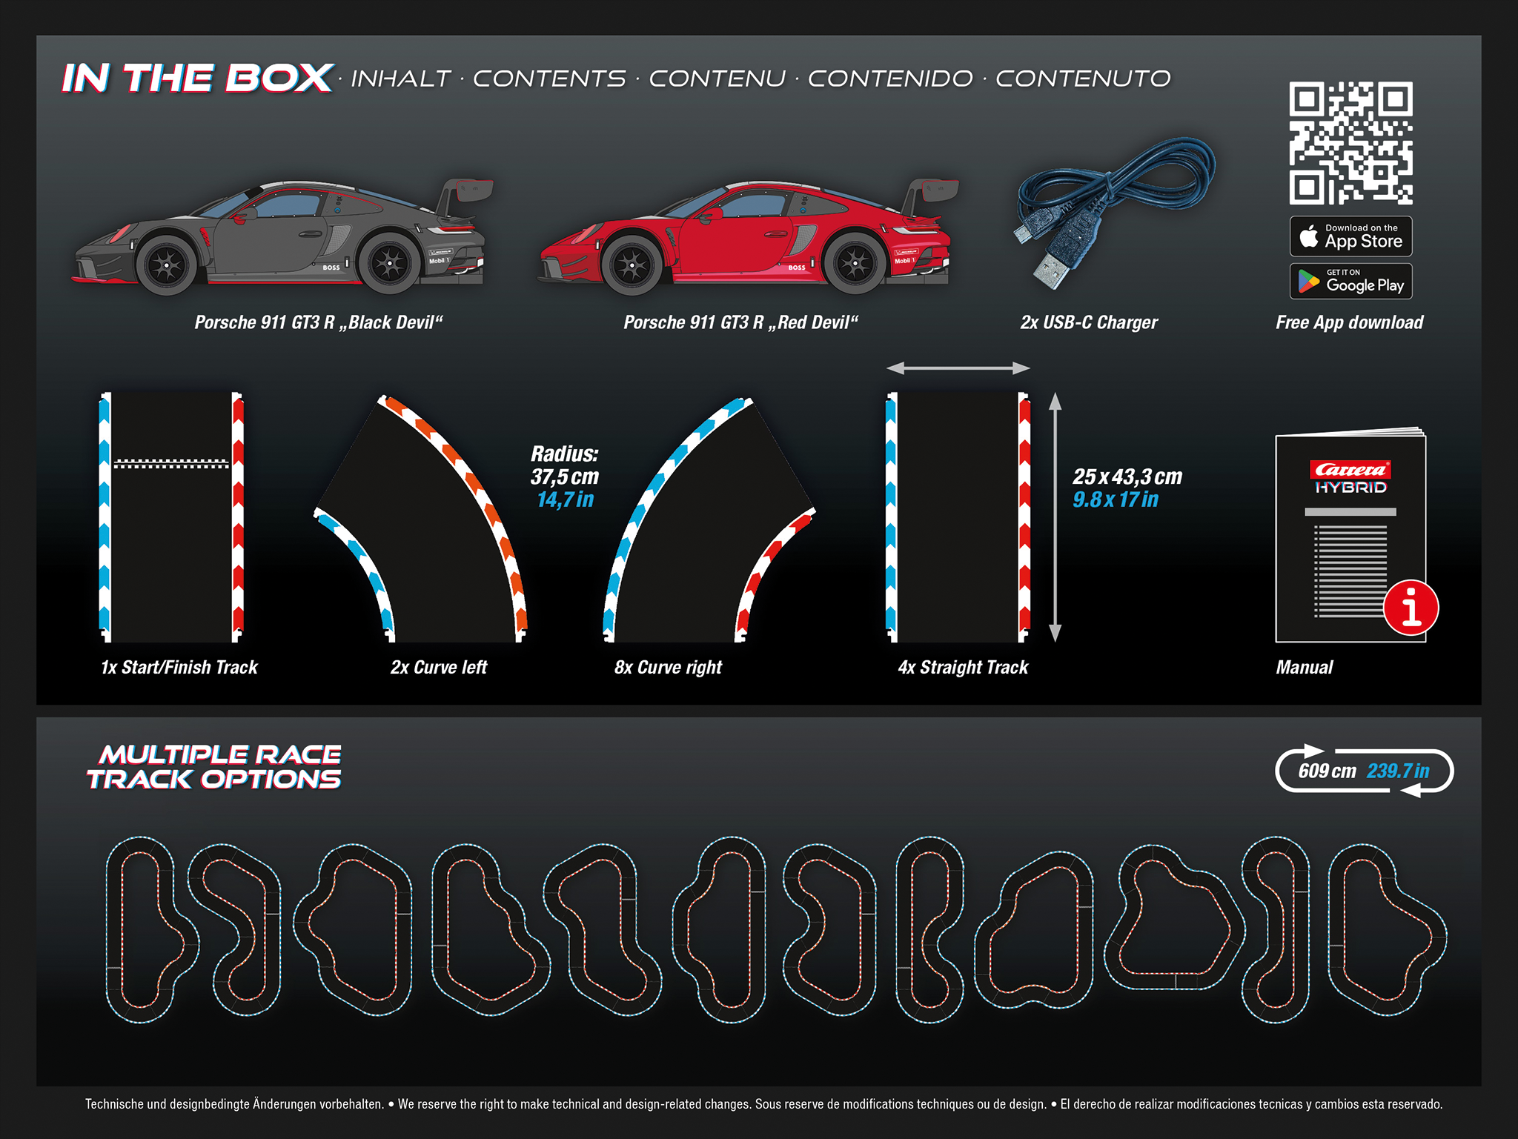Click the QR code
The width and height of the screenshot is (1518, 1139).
click(x=1350, y=143)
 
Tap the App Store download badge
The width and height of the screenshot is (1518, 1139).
click(x=1350, y=236)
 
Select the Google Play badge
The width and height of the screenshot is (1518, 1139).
click(x=1350, y=282)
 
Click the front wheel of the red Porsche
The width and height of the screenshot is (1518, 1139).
click(x=632, y=265)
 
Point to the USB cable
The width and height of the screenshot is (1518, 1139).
click(x=1112, y=200)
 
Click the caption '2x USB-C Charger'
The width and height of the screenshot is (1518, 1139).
click(x=1088, y=322)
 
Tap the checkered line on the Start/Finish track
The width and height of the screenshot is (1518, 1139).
click(x=171, y=464)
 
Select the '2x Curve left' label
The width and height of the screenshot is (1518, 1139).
click(x=439, y=668)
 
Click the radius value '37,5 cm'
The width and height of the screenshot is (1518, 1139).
click(x=565, y=476)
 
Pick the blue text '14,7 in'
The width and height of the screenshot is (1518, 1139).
click(x=566, y=500)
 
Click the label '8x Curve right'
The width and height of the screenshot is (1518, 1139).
click(x=668, y=668)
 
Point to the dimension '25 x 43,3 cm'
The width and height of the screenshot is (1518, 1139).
click(x=1127, y=476)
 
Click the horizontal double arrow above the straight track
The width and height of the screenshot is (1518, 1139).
click(x=958, y=368)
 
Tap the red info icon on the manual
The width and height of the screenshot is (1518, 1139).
click(x=1411, y=608)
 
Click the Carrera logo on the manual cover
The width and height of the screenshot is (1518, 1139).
click(x=1350, y=470)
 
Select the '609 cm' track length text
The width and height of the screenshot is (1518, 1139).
click(x=1327, y=771)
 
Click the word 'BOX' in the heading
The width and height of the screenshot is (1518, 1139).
click(x=279, y=78)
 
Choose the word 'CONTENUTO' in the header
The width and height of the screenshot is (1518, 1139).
click(x=1082, y=79)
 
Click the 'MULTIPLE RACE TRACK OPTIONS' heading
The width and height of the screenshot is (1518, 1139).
click(x=215, y=767)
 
